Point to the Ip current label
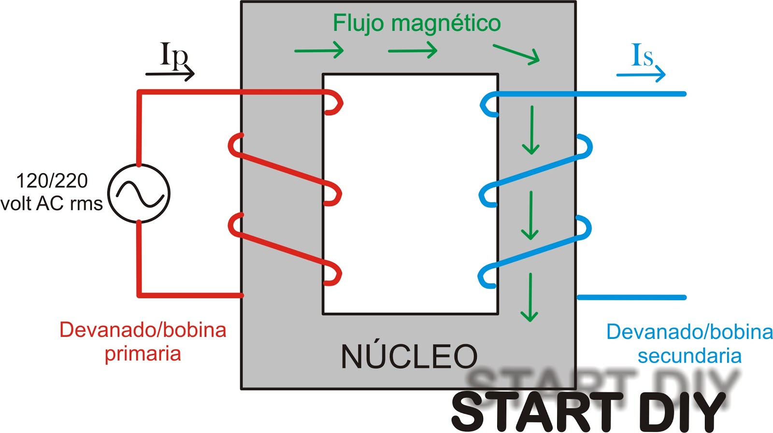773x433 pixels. pyautogui.click(x=174, y=54)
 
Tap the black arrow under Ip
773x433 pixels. pyautogui.click(x=170, y=74)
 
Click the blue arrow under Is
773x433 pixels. pyautogui.click(x=641, y=74)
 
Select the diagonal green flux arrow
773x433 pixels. pyautogui.click(x=516, y=54)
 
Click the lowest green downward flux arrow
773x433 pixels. pyautogui.click(x=530, y=297)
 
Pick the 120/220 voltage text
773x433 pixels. pyautogui.click(x=52, y=181)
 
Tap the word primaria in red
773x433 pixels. pyautogui.click(x=143, y=354)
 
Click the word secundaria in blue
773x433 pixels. pyautogui.click(x=689, y=356)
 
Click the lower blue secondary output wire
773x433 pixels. pyautogui.click(x=631, y=297)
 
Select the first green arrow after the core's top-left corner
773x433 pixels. pyautogui.click(x=319, y=51)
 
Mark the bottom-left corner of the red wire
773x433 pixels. pyautogui.click(x=140, y=295)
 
